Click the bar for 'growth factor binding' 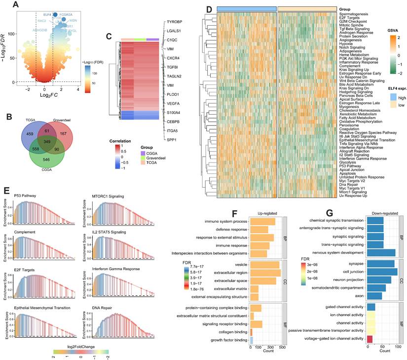tap(252, 340)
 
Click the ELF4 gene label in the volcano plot tap(47, 15)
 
